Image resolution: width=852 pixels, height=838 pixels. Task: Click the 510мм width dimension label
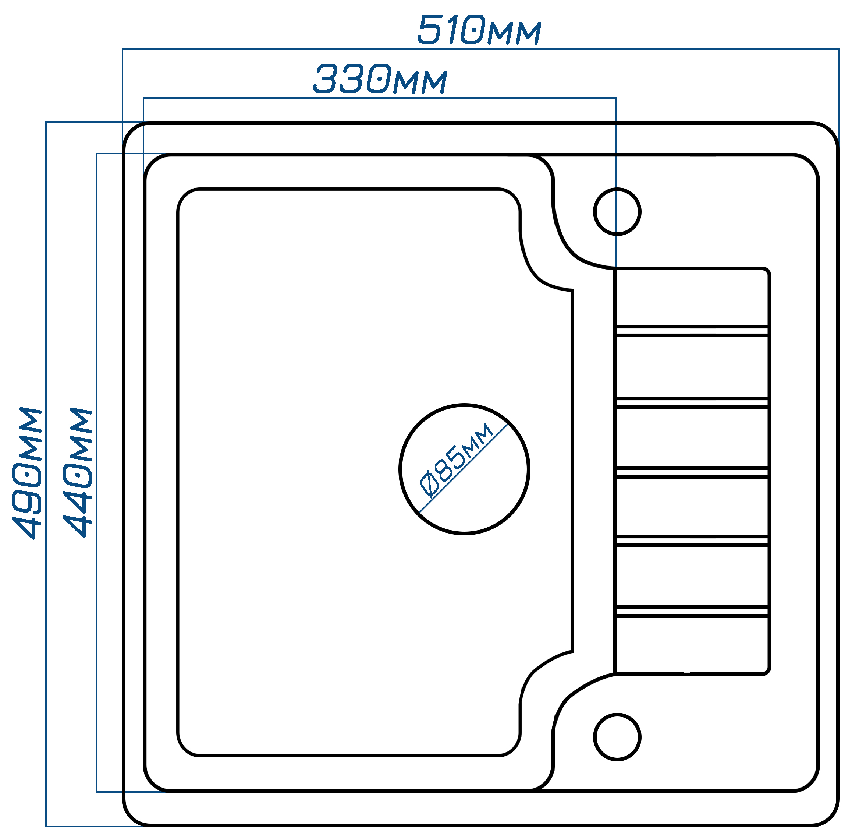point(479,30)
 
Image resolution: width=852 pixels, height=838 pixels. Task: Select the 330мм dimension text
point(380,79)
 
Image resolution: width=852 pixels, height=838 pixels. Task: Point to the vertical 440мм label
point(78,473)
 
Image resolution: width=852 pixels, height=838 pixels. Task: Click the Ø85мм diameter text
point(456,460)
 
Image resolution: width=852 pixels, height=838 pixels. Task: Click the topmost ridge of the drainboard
point(692,331)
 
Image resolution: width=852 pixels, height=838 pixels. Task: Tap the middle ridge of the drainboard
point(692,472)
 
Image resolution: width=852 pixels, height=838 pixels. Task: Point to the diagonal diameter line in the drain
point(464,468)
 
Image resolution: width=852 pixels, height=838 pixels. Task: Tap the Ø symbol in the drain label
point(429,484)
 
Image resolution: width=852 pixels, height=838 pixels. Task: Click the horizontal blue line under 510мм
point(480,49)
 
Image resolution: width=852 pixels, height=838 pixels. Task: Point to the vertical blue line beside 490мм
point(46,474)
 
